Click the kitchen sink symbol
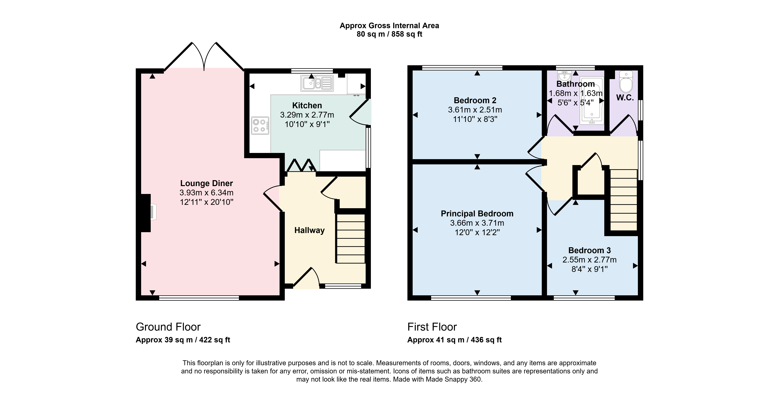coord(317,83)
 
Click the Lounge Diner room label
coord(207,183)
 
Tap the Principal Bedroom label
coord(477,214)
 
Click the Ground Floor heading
coord(168,327)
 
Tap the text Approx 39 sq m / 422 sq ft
coord(183,340)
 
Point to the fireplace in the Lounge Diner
coord(148,213)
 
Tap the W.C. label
coord(625,98)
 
